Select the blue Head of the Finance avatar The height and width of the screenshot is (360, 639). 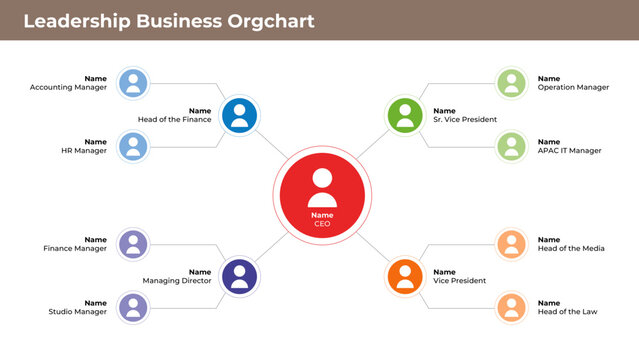238,115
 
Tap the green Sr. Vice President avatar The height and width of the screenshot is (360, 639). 405,115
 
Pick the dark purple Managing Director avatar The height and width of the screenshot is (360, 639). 238,275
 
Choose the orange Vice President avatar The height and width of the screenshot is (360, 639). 405,275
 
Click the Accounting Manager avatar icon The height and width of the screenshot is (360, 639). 133,83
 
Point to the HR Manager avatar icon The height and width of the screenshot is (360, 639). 133,147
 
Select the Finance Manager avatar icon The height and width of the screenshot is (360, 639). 133,244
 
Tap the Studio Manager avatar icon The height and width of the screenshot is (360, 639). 133,307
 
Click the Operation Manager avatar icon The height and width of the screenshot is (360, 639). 511,83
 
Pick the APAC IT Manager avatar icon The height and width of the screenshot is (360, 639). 511,147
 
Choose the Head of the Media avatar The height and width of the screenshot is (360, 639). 511,244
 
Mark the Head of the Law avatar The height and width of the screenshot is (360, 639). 511,307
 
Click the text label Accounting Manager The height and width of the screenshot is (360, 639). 68,88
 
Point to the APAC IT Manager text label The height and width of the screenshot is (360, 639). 570,151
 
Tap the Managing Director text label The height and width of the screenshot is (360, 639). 177,281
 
